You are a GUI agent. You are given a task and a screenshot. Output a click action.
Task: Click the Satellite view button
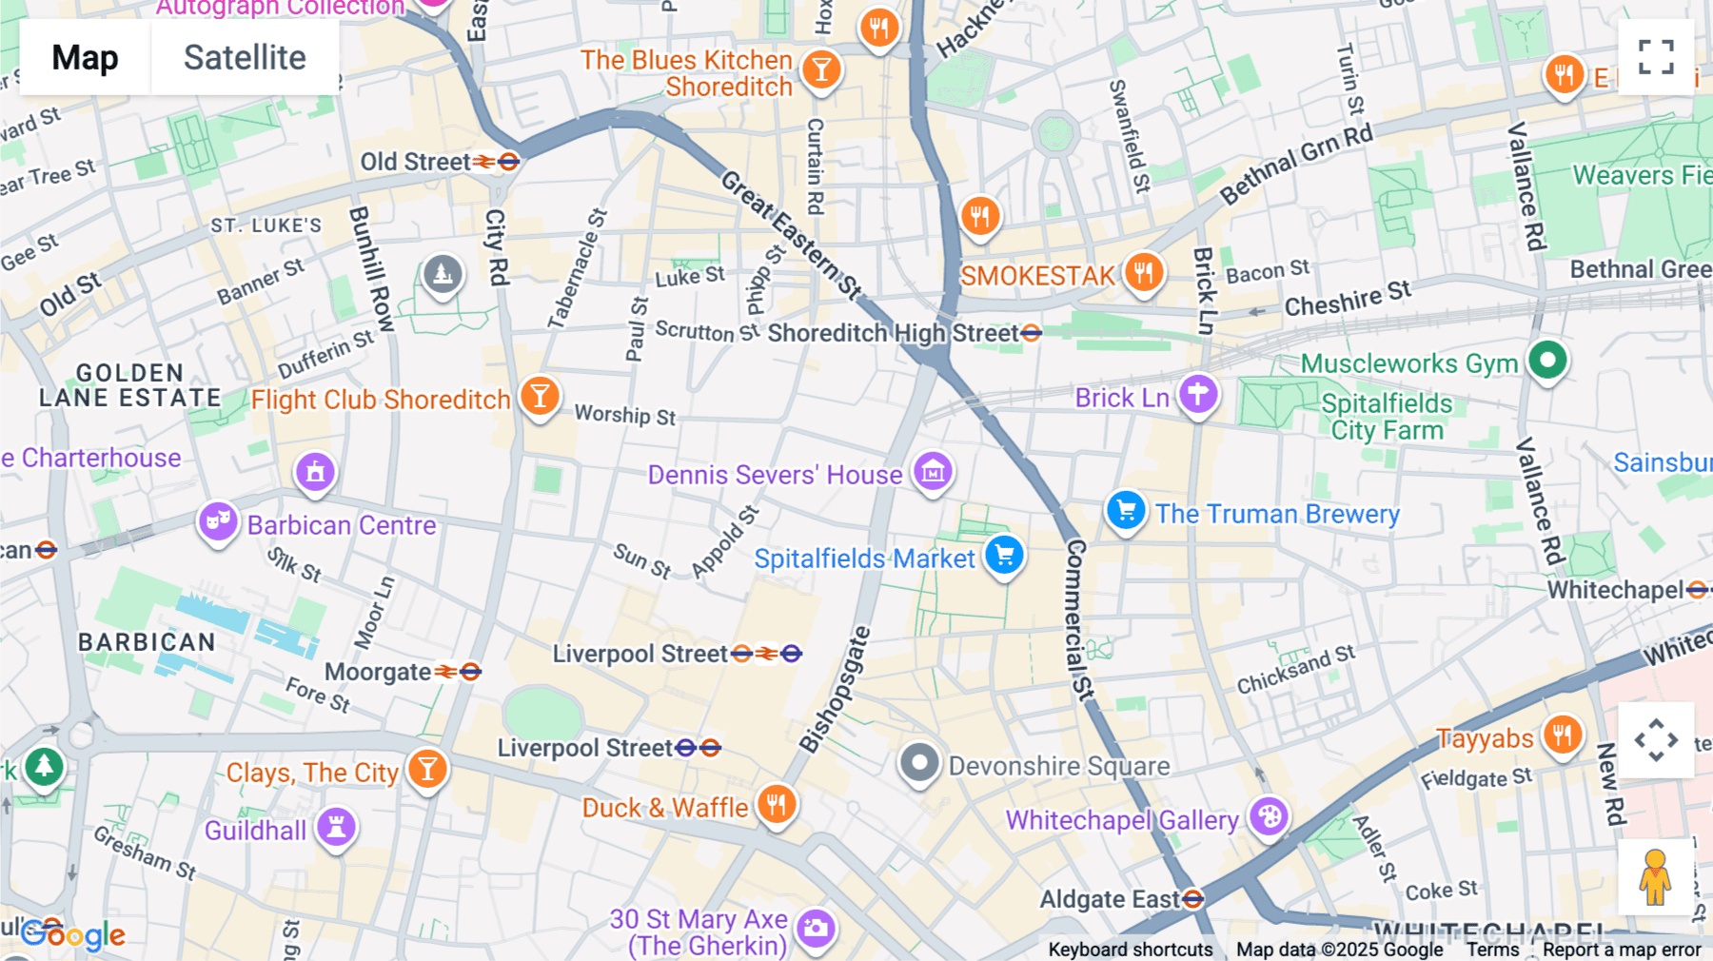point(245,58)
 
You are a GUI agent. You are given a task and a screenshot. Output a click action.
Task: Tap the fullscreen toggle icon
point(1656,57)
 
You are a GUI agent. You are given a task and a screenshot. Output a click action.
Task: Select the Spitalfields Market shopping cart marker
point(1004,556)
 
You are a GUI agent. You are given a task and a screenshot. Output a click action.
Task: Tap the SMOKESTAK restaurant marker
point(1143,273)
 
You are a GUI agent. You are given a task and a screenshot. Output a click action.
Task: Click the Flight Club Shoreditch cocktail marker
point(540,396)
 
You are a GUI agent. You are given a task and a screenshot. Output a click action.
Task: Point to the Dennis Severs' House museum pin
point(933,470)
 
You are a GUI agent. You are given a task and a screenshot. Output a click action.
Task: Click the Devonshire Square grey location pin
point(919,763)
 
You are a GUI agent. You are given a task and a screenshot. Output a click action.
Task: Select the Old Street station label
point(416,162)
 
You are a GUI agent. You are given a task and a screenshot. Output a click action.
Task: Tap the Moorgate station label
point(379,672)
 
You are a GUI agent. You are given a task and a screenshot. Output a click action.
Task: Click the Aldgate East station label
point(1109,899)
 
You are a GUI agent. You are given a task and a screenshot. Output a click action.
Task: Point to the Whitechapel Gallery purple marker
point(1269,816)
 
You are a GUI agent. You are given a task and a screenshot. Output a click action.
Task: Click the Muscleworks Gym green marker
point(1547,361)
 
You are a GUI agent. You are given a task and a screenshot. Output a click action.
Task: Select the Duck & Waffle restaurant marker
point(777,805)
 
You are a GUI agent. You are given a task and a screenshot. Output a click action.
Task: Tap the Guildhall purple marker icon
point(336,827)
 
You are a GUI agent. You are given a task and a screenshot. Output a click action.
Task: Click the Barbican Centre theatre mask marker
point(218,521)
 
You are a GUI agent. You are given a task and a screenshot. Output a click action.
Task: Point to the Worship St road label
point(625,415)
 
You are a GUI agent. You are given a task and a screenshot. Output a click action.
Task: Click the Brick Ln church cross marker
point(1198,394)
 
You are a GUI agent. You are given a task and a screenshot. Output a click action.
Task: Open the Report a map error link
point(1622,950)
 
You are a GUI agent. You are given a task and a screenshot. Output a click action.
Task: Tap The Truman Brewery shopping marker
point(1126,511)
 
